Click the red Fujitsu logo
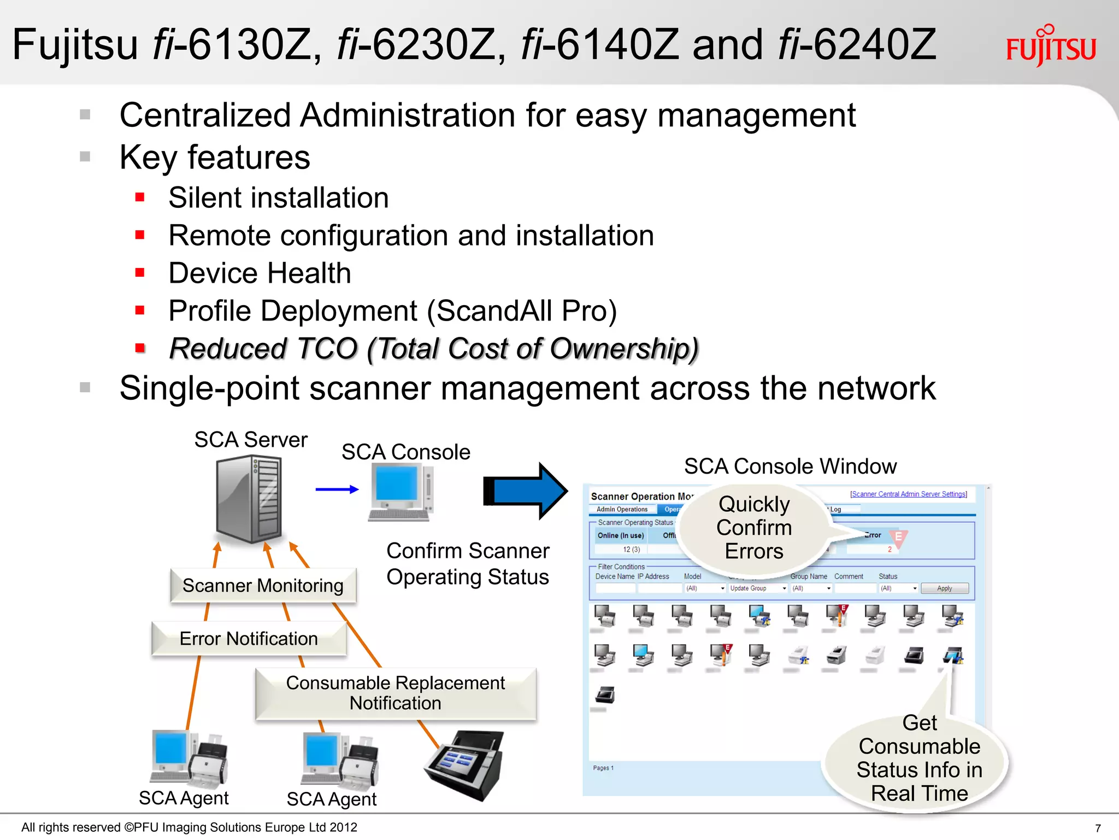coord(1050,47)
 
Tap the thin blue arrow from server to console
coord(337,489)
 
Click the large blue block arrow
coord(525,491)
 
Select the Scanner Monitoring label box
coord(263,586)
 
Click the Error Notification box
coord(249,639)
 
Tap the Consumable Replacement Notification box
coord(396,693)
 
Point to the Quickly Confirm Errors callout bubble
coord(754,528)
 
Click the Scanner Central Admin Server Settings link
coord(908,494)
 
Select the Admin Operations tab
coord(622,510)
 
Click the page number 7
coord(1098,828)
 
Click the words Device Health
coord(260,273)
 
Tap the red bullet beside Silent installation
coord(140,197)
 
